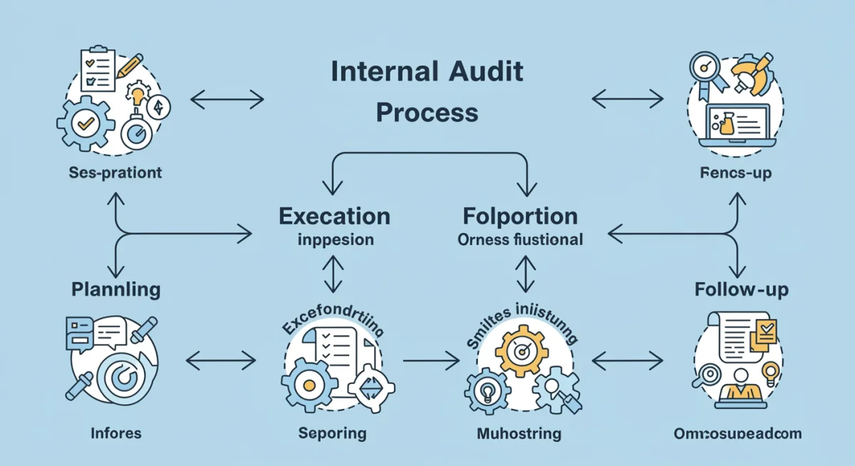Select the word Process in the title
[427, 113]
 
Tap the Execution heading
[334, 216]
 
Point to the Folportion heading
[520, 216]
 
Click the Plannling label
[116, 289]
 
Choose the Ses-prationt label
[116, 172]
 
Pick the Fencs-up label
[735, 173]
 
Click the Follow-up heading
[741, 290]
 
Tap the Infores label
[116, 433]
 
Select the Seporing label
[332, 433]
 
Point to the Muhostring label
[519, 433]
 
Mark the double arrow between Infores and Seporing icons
[220, 361]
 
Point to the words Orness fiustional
[520, 239]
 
